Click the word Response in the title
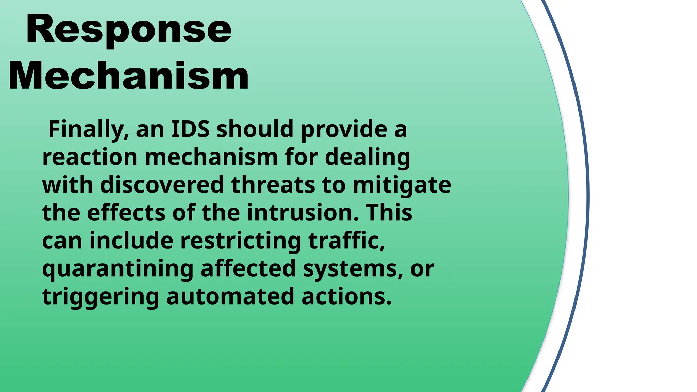click(x=129, y=30)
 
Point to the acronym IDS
click(x=190, y=129)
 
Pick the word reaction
click(x=90, y=158)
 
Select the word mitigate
click(x=402, y=185)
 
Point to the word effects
click(x=126, y=213)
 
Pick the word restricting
click(x=241, y=241)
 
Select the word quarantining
click(x=117, y=269)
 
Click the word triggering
click(x=100, y=297)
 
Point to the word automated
click(x=230, y=297)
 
